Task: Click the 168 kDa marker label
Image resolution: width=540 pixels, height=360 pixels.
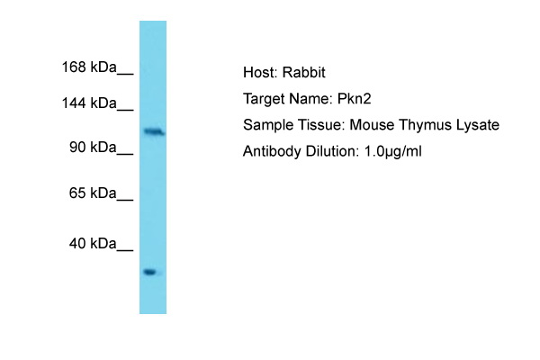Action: (89, 67)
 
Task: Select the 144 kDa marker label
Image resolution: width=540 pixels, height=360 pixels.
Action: (89, 103)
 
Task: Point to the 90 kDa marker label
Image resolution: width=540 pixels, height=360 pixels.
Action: (93, 147)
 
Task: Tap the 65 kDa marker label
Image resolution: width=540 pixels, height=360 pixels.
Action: (93, 193)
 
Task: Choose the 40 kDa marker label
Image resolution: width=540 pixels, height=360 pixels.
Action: (93, 244)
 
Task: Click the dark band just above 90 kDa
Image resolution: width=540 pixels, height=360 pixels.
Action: (154, 131)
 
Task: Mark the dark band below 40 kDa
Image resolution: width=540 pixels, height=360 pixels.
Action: (149, 272)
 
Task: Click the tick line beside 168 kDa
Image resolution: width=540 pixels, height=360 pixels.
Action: (125, 74)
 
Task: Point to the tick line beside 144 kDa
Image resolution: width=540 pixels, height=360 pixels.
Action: (125, 110)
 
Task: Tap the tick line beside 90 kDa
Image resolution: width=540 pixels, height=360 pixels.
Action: (125, 154)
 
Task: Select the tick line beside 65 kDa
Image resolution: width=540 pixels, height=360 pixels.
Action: (125, 200)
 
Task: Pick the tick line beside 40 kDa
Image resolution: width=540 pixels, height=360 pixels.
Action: (125, 250)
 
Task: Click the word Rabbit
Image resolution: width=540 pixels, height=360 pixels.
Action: (304, 72)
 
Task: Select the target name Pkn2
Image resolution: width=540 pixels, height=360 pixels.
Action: (354, 99)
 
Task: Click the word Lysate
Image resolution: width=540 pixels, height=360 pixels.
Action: (478, 125)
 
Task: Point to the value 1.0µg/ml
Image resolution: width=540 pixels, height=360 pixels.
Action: (393, 151)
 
